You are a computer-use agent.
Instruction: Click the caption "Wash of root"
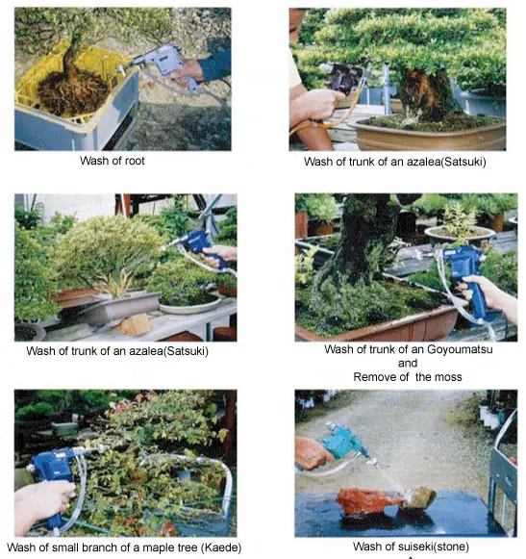(113, 161)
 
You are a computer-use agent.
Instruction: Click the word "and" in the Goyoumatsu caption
(407, 363)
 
